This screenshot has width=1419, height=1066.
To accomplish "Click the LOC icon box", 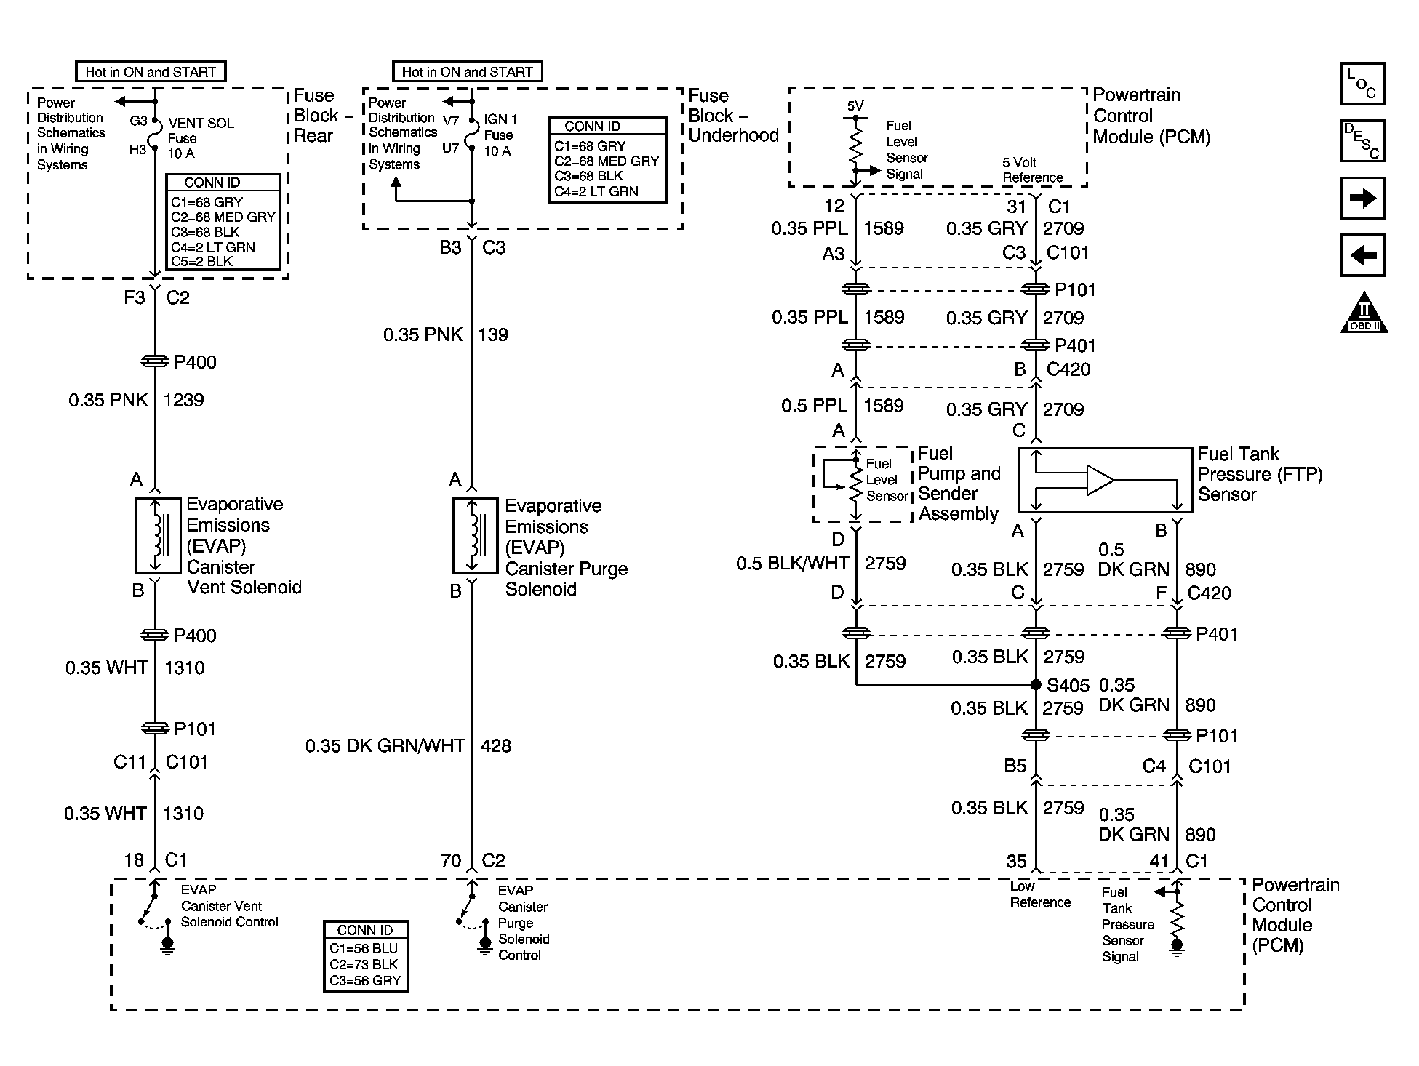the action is (1363, 84).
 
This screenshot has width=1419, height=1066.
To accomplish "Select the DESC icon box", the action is (1363, 140).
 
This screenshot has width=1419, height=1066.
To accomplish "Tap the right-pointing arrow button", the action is (1363, 198).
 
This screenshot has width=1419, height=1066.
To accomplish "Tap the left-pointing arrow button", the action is (1363, 255).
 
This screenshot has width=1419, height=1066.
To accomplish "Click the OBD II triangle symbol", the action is (1364, 313).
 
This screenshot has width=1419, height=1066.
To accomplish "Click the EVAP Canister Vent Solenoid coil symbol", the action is (157, 535).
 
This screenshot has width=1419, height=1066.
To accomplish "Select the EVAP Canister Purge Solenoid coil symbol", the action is (475, 535).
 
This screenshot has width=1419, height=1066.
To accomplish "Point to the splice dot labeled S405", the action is (1036, 685).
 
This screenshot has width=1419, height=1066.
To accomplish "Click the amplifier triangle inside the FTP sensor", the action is (1100, 480).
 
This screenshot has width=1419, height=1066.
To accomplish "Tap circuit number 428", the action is (496, 745).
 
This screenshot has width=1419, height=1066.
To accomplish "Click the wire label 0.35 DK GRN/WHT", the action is (385, 745).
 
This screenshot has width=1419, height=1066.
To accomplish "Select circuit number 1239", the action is (184, 400).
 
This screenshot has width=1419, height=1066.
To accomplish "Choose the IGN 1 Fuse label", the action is (500, 135).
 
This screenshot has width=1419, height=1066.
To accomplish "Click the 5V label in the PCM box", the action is (855, 106).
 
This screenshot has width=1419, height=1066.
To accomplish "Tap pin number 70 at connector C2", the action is (451, 861).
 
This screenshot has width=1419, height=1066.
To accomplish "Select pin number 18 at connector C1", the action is (134, 861).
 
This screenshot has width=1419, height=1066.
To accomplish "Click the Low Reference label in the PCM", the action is (1040, 894).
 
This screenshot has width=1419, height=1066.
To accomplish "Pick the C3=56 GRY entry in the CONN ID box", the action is (365, 980).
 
